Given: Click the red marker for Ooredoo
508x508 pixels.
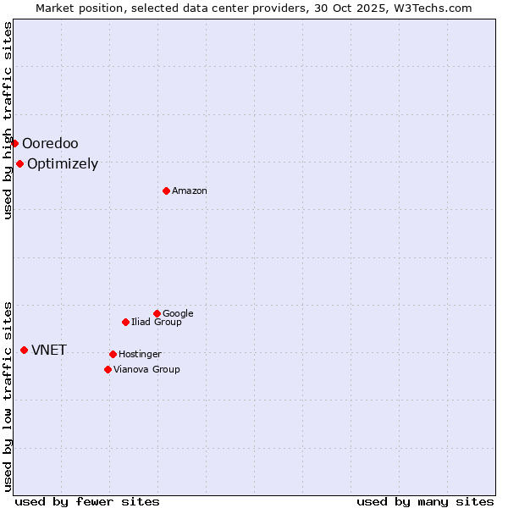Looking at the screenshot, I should click(14, 143).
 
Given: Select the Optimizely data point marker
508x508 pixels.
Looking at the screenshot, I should click(19, 163).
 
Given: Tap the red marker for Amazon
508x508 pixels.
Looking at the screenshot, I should click(166, 190).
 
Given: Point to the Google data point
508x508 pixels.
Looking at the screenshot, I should click(157, 313).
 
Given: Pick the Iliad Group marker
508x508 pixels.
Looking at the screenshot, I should click(125, 322).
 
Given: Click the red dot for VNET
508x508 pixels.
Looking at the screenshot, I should click(24, 350).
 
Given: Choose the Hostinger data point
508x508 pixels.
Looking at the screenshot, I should click(113, 354).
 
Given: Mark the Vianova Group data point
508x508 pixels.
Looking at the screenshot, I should click(108, 369).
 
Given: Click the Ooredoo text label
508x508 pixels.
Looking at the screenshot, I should click(50, 143).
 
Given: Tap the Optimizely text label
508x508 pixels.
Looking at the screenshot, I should click(63, 163).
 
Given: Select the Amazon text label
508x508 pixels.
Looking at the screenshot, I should click(190, 190).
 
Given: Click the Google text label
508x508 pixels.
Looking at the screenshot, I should click(178, 313).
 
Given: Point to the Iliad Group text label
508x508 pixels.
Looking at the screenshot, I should click(157, 322).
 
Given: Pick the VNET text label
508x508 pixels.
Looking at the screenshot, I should click(49, 350).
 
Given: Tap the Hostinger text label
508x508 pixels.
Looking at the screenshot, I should click(140, 354).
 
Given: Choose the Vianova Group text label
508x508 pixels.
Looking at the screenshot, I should click(146, 369).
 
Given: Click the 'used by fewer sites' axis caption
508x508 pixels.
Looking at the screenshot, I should click(87, 501).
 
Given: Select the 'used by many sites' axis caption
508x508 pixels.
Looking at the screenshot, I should click(425, 501).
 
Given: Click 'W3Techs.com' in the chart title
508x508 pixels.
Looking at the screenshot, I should click(431, 8).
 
